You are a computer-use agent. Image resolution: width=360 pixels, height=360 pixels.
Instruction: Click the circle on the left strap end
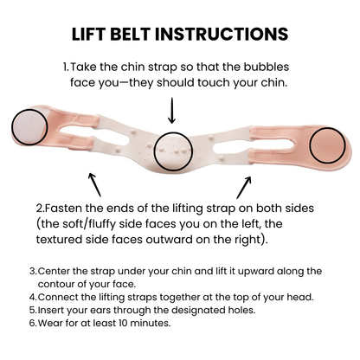pyautogui.click(x=30, y=127)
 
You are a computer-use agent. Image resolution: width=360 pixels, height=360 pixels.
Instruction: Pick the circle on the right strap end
pyautogui.click(x=327, y=144)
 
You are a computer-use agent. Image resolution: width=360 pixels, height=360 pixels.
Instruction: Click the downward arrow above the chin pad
pyautogui.click(x=172, y=109)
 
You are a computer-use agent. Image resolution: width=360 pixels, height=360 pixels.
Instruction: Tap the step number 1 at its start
pyautogui.click(x=64, y=67)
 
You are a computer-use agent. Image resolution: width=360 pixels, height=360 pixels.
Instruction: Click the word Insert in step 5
pyautogui.click(x=52, y=310)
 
